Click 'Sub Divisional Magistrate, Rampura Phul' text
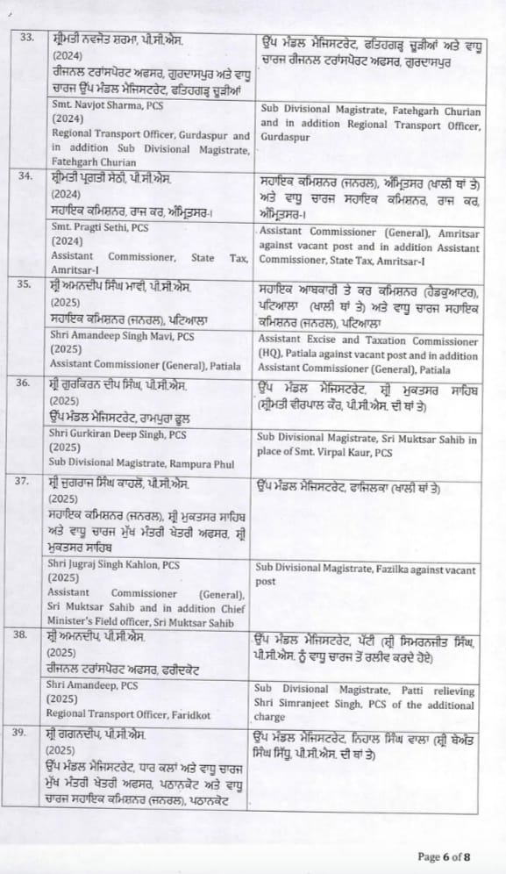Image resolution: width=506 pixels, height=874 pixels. click(132, 460)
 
